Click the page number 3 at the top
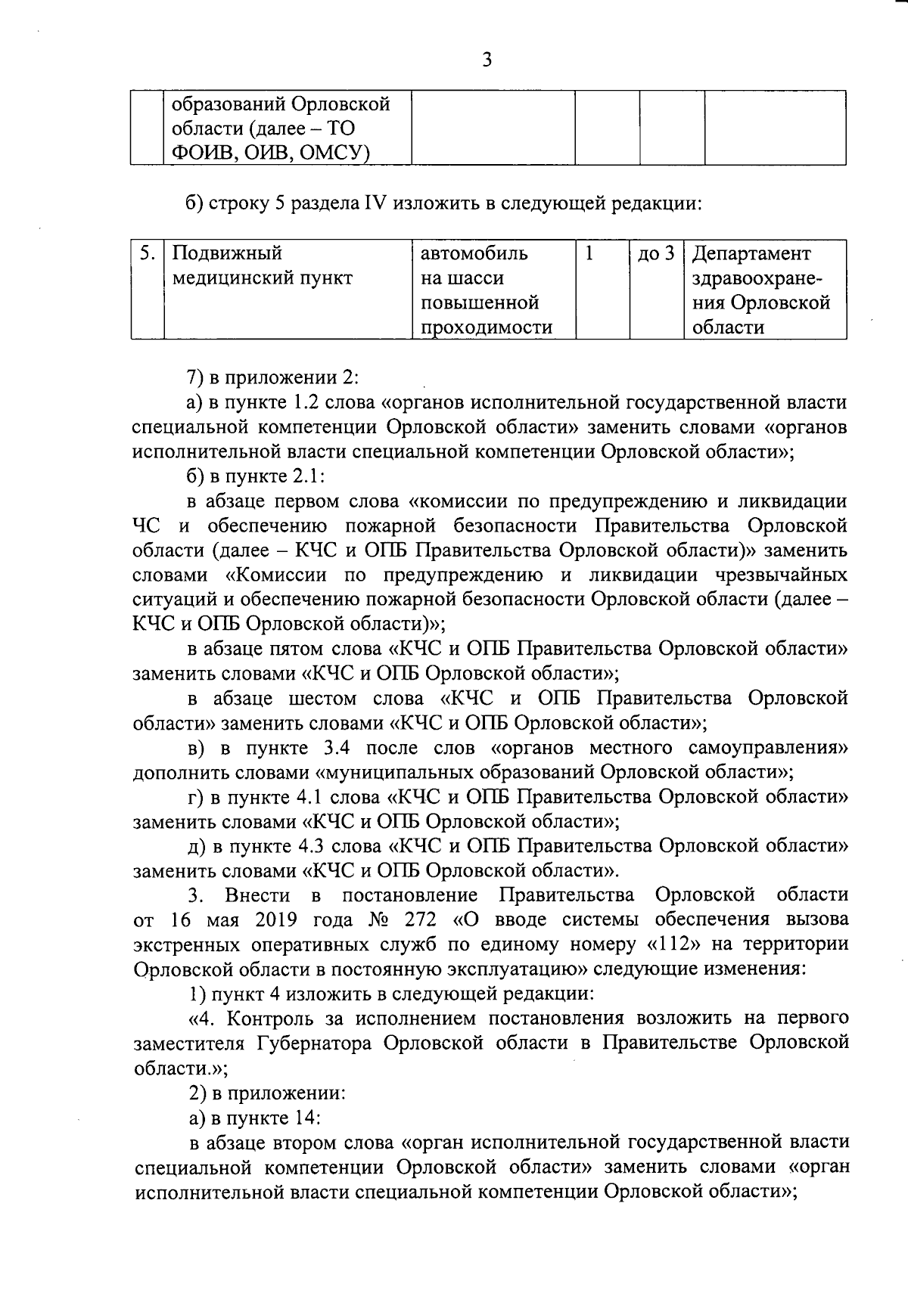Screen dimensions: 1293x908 click(487, 60)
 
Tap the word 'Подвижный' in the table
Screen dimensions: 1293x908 click(228, 253)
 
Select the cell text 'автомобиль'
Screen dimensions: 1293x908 click(474, 253)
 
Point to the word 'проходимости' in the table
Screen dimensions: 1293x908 click(487, 327)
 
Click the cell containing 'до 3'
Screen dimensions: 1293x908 click(655, 253)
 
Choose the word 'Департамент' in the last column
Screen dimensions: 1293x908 click(751, 253)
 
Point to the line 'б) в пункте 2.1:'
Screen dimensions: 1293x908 click(255, 476)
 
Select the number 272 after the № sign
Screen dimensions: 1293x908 click(421, 920)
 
